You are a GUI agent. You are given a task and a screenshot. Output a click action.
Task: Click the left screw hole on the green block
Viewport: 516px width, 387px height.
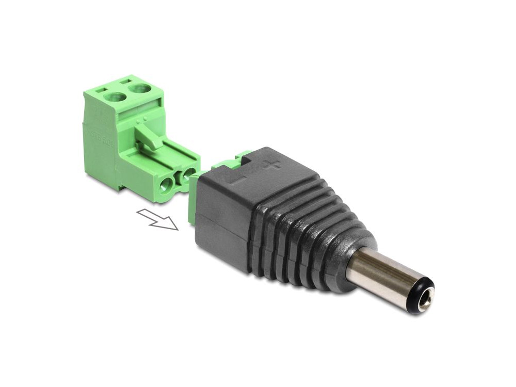115,96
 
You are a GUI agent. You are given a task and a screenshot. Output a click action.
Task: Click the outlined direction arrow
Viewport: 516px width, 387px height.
158,219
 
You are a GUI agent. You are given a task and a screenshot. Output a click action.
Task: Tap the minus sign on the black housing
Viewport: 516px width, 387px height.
238,181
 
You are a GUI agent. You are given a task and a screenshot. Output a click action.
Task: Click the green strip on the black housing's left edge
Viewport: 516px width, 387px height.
192,199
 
